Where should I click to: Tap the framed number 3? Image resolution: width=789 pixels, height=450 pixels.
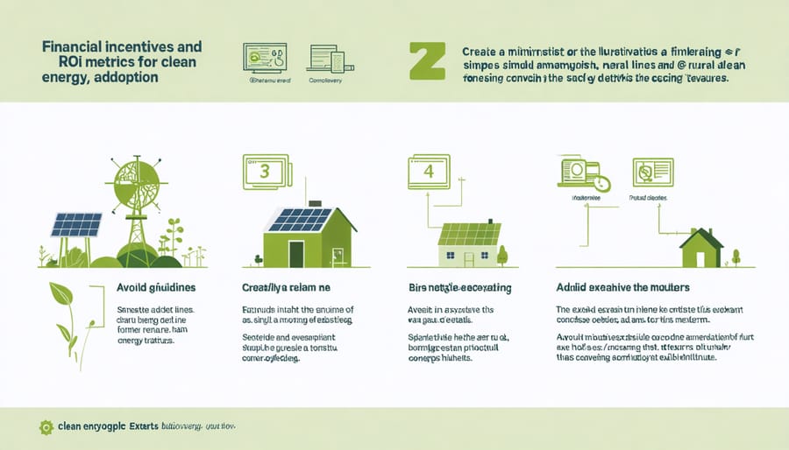click(x=265, y=172)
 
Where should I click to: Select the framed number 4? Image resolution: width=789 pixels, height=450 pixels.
click(x=429, y=172)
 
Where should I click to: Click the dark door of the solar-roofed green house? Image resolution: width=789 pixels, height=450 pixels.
click(x=296, y=253)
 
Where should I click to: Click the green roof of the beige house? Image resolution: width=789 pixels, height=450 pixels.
click(x=471, y=234)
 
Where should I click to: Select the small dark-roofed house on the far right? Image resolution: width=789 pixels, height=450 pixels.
click(x=701, y=249)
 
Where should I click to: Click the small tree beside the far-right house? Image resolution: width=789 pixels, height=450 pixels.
click(x=735, y=257)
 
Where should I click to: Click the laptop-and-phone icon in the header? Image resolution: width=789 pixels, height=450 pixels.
click(x=325, y=58)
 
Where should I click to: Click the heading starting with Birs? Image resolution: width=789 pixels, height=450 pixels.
click(x=460, y=286)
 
